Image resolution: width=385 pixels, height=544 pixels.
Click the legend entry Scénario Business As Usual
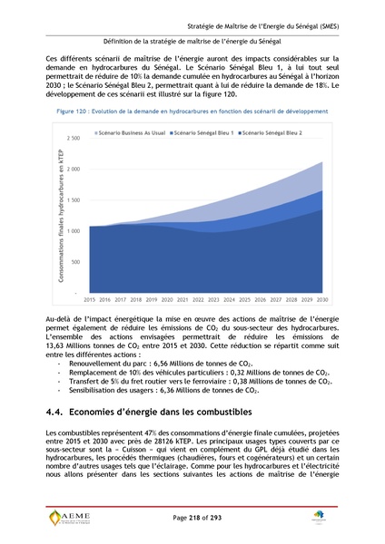[133, 132]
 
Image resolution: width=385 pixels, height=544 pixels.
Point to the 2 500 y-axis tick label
[74, 138]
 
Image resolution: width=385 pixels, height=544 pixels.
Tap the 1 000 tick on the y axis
[74, 231]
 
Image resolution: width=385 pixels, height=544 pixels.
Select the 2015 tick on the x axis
[90, 298]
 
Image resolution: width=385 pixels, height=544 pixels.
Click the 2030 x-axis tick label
[321, 298]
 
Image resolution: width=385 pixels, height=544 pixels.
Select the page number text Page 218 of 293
[192, 516]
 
